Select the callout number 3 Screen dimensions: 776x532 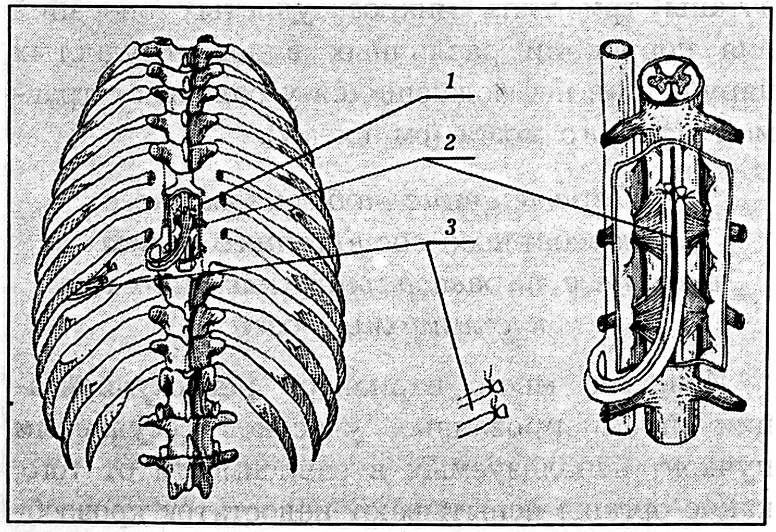point(450,227)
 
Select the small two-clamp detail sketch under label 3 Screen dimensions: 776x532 point(483,409)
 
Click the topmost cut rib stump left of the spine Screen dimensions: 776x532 point(149,178)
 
